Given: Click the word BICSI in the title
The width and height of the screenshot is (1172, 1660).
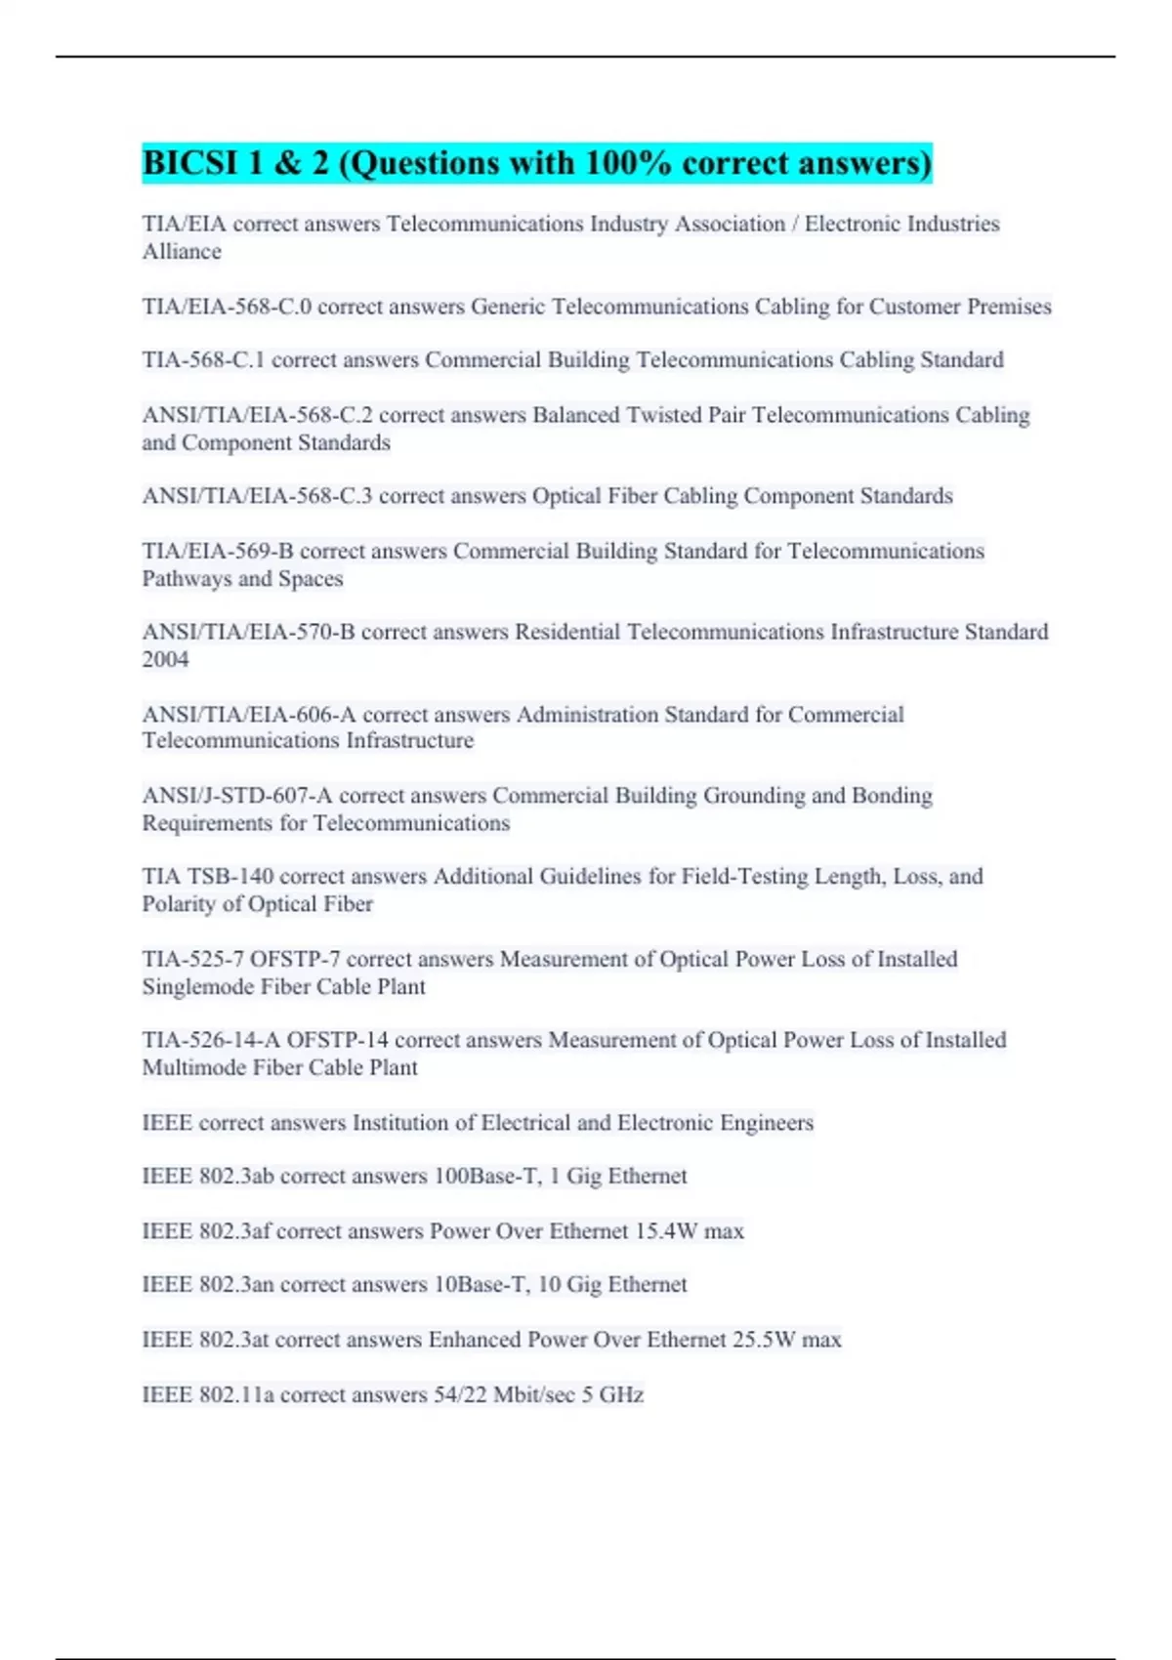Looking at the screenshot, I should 190,163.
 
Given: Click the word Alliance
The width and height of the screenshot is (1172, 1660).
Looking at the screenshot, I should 182,252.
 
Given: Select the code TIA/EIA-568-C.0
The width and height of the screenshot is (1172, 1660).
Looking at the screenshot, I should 227,307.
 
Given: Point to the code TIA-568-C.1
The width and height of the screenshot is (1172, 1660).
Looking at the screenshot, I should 203,360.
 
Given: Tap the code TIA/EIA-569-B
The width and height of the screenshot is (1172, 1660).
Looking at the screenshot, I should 218,551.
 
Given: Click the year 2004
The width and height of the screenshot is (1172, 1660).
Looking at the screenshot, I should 165,659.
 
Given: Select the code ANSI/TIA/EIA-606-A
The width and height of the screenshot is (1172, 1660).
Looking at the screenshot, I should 248,715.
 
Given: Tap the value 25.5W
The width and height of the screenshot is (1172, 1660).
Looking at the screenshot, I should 764,1340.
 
